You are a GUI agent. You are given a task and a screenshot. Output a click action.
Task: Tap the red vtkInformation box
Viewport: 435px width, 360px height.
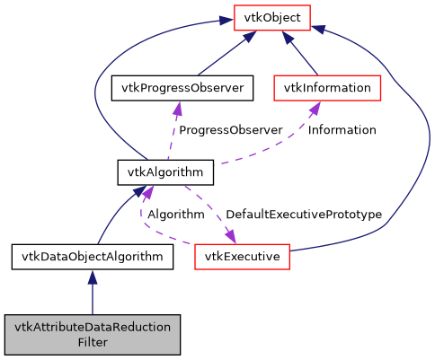pos(327,88)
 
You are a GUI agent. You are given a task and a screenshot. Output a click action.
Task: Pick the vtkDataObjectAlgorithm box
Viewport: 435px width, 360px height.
pos(93,257)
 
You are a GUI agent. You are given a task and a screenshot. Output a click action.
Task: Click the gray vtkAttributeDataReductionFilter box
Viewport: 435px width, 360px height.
pos(93,334)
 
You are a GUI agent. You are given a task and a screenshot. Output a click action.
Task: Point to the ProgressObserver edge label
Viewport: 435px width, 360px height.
pos(230,130)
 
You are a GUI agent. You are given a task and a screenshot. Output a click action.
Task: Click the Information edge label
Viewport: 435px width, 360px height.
pos(342,130)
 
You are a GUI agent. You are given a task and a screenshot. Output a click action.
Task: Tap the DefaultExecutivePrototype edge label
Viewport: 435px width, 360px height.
pos(304,215)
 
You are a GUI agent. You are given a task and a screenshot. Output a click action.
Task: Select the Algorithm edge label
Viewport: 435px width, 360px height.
pos(175,215)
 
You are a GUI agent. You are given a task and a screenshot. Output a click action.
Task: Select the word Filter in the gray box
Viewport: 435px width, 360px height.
pos(93,342)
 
